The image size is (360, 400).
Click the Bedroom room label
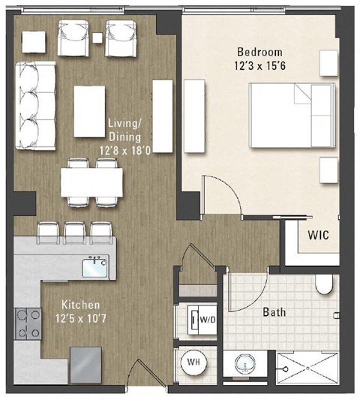[259, 52]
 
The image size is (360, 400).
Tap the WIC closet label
[318, 235]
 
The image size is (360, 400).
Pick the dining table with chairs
[91, 181]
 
